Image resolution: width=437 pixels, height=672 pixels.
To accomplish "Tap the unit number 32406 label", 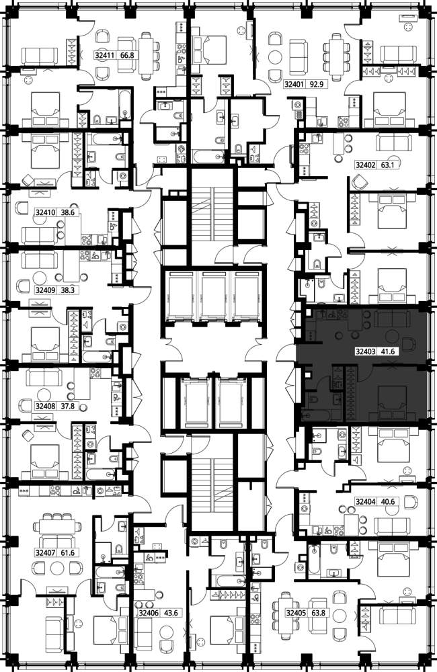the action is (x=148, y=614).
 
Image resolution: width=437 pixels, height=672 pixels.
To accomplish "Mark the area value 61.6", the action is (x=67, y=553).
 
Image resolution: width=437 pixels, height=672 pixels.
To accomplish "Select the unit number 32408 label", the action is (x=44, y=407).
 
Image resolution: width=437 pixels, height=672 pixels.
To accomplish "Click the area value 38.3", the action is (x=67, y=290).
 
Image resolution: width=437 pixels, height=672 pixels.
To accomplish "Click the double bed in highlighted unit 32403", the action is (x=392, y=403).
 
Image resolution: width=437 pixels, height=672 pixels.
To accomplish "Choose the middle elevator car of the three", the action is (x=213, y=296).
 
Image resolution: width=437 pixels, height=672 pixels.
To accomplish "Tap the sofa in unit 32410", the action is (x=38, y=235).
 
